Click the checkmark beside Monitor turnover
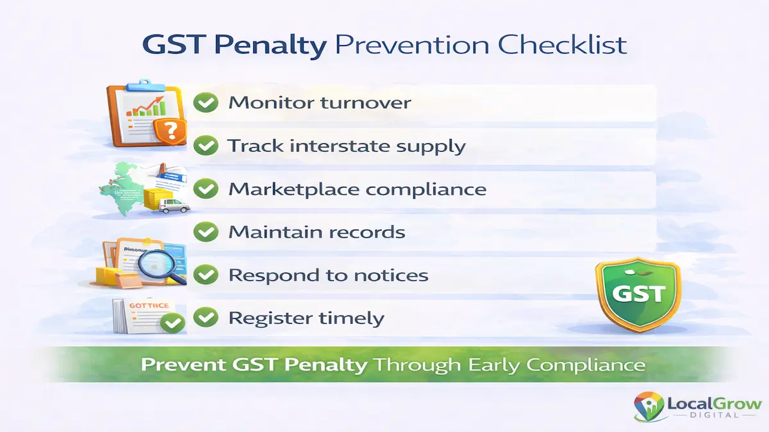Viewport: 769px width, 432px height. (x=206, y=102)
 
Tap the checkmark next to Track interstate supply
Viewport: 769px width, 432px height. (x=206, y=146)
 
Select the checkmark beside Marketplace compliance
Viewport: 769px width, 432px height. (x=206, y=189)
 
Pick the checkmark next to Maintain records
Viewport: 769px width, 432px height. (x=206, y=232)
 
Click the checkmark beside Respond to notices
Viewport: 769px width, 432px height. (x=206, y=275)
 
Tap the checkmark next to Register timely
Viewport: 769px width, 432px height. (x=206, y=317)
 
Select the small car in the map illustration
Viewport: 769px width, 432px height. (x=172, y=205)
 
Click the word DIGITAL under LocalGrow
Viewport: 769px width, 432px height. (x=713, y=415)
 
